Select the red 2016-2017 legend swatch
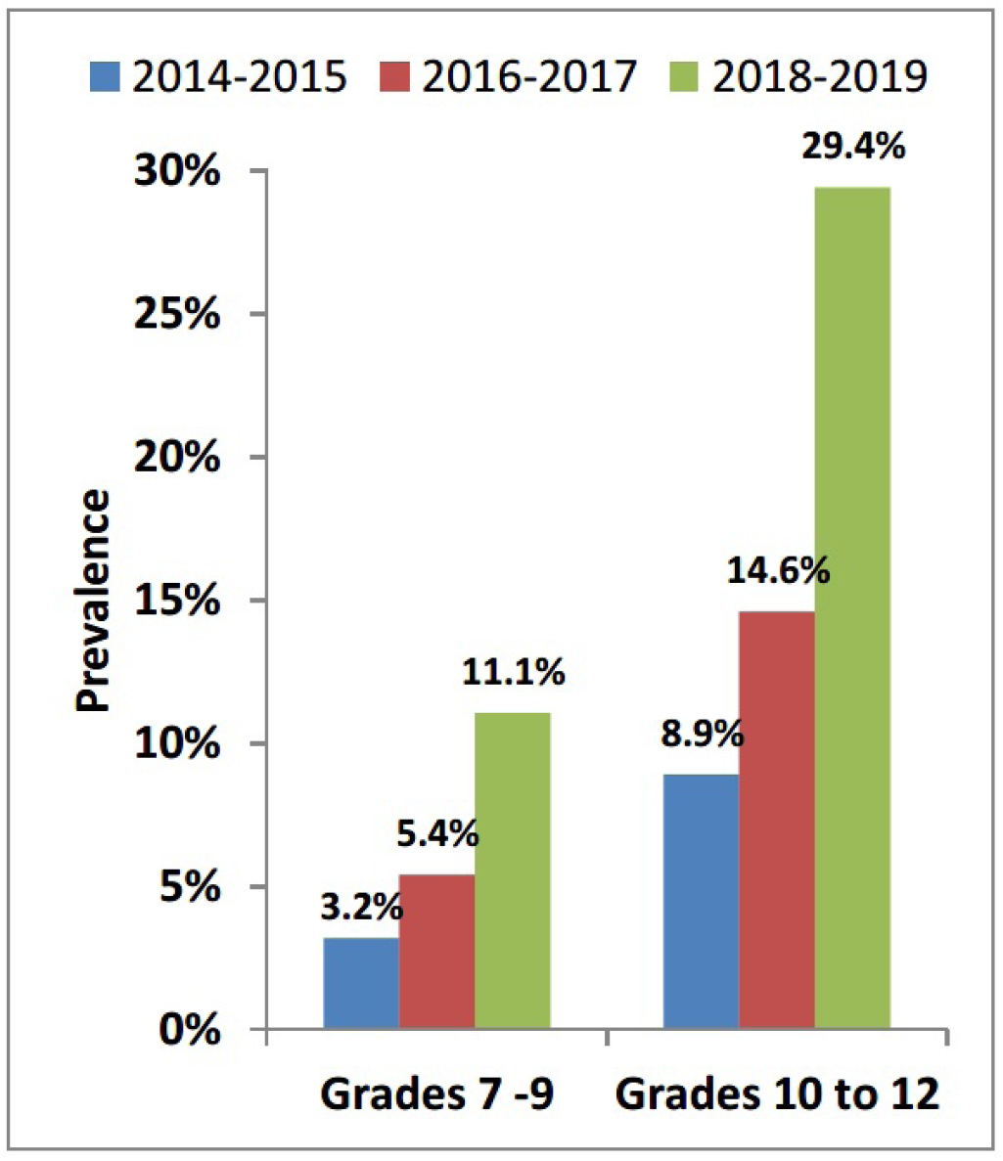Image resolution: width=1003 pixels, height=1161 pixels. click(x=394, y=76)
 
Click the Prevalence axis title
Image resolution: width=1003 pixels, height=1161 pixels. click(x=94, y=601)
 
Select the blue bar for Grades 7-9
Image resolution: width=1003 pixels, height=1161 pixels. click(x=361, y=983)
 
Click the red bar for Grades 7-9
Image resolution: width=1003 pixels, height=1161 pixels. click(x=436, y=951)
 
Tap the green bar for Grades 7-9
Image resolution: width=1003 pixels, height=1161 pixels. click(x=513, y=871)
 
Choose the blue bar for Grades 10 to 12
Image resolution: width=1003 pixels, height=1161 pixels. click(x=701, y=901)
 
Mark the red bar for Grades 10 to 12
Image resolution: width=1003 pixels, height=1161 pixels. click(x=777, y=820)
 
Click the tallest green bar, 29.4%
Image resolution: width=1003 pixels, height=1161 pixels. click(x=852, y=606)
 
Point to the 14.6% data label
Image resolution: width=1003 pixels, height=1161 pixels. click(x=778, y=569)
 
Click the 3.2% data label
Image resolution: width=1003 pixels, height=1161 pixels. click(x=361, y=908)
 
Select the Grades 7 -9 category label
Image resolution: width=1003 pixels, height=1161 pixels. click(x=436, y=1094)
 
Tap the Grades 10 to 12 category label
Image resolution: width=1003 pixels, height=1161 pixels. click(x=777, y=1094)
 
